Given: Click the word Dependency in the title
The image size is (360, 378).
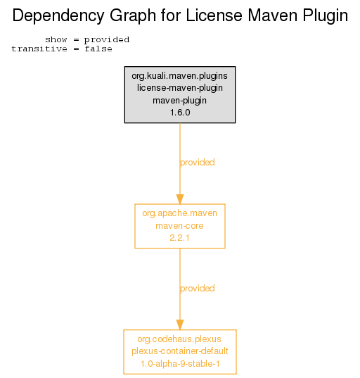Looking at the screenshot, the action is [x=58, y=16].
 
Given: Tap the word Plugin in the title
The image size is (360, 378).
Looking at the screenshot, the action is [x=325, y=16].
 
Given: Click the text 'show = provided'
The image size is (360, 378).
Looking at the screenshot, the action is [x=87, y=40].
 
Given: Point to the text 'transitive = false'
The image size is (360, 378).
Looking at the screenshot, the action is [x=62, y=49].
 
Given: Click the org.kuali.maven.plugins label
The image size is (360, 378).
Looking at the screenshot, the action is [x=179, y=76].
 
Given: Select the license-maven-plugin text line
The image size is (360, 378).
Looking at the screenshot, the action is [x=179, y=88].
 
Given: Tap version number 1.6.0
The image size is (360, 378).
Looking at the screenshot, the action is [x=180, y=113].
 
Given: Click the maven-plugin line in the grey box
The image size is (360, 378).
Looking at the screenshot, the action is [x=179, y=101].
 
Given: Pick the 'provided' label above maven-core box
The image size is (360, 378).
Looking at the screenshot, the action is [x=198, y=163].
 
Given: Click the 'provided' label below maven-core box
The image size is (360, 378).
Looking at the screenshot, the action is [x=198, y=289].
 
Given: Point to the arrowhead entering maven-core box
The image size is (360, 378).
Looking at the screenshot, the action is [x=180, y=199].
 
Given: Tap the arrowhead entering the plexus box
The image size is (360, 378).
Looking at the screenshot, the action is [x=180, y=325].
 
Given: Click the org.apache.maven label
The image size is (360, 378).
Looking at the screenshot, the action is [x=179, y=213].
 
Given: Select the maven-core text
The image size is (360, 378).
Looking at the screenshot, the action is [x=179, y=226].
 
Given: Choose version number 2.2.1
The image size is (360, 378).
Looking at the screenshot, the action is [x=179, y=238].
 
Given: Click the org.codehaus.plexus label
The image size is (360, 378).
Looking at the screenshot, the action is [x=179, y=339].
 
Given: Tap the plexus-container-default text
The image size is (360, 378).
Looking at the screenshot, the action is [x=179, y=351].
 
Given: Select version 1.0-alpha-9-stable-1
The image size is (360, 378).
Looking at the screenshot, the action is [x=180, y=364].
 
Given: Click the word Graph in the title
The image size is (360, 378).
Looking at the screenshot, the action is [x=133, y=16].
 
